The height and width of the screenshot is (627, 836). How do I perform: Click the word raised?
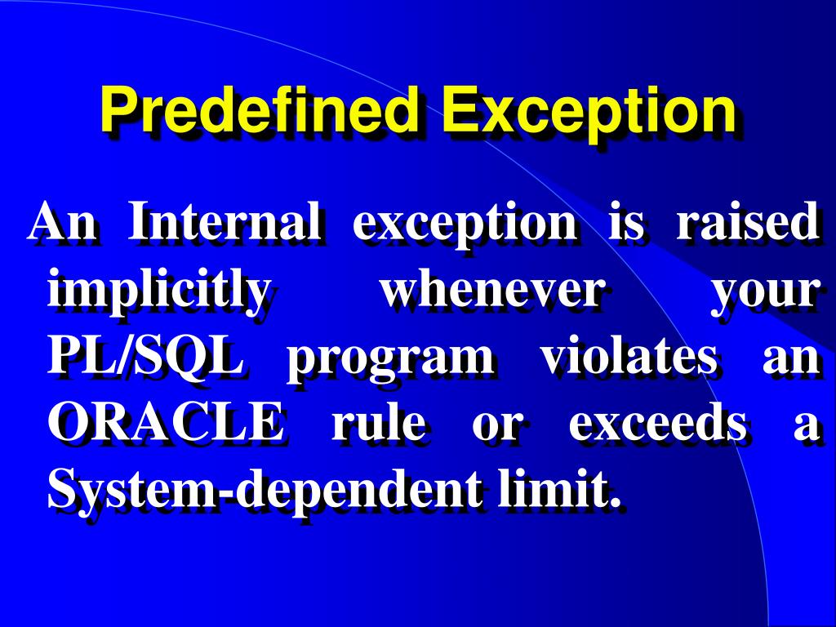point(746,222)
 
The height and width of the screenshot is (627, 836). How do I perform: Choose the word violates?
point(629,357)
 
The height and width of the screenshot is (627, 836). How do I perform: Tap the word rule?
point(377,424)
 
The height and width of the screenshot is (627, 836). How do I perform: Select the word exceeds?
point(657,424)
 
